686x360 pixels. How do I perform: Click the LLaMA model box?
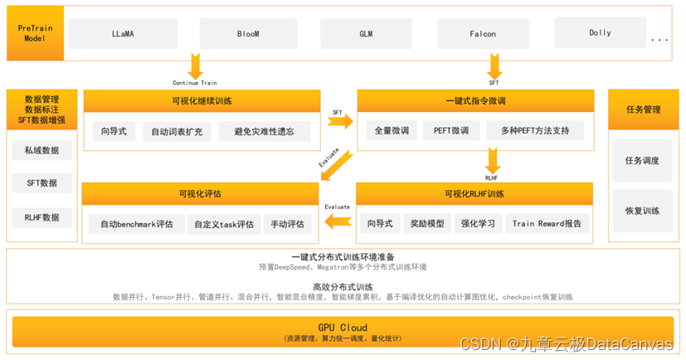126,34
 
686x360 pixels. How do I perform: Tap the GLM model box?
366,34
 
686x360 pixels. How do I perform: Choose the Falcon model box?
483,34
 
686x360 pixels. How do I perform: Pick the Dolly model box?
600,33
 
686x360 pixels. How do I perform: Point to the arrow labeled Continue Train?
196,66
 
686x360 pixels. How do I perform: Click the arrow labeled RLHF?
493,159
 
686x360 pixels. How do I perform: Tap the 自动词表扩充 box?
177,131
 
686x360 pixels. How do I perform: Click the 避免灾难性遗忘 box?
265,131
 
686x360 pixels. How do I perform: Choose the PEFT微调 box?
451,130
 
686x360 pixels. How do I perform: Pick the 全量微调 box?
389,130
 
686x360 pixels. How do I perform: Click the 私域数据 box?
42,150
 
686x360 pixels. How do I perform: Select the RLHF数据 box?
42,218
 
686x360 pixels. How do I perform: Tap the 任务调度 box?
641,160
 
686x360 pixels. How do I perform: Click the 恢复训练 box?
641,211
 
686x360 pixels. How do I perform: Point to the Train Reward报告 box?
547,223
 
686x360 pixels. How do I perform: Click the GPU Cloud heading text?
343,328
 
